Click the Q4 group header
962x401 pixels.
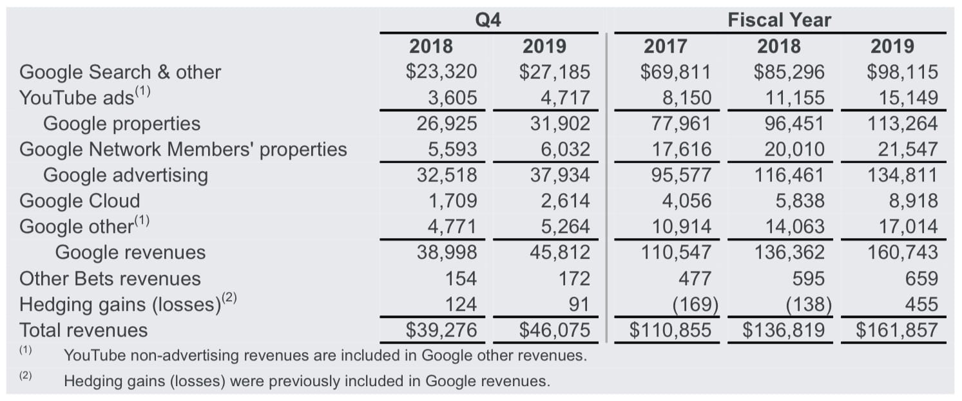point(488,20)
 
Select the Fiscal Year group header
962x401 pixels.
point(779,20)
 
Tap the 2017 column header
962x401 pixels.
point(666,46)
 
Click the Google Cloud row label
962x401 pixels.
point(79,201)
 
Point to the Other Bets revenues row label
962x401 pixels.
point(110,279)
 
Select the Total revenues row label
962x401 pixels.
point(83,330)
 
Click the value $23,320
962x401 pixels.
point(441,71)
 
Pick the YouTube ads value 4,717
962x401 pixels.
point(565,98)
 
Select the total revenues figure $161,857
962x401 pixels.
point(896,330)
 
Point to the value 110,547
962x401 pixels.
point(677,252)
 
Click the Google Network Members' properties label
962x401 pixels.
point(183,149)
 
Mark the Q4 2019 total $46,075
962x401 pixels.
point(554,330)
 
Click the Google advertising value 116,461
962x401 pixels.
point(789,175)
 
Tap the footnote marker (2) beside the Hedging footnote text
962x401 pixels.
point(25,376)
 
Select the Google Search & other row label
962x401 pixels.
point(120,72)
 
